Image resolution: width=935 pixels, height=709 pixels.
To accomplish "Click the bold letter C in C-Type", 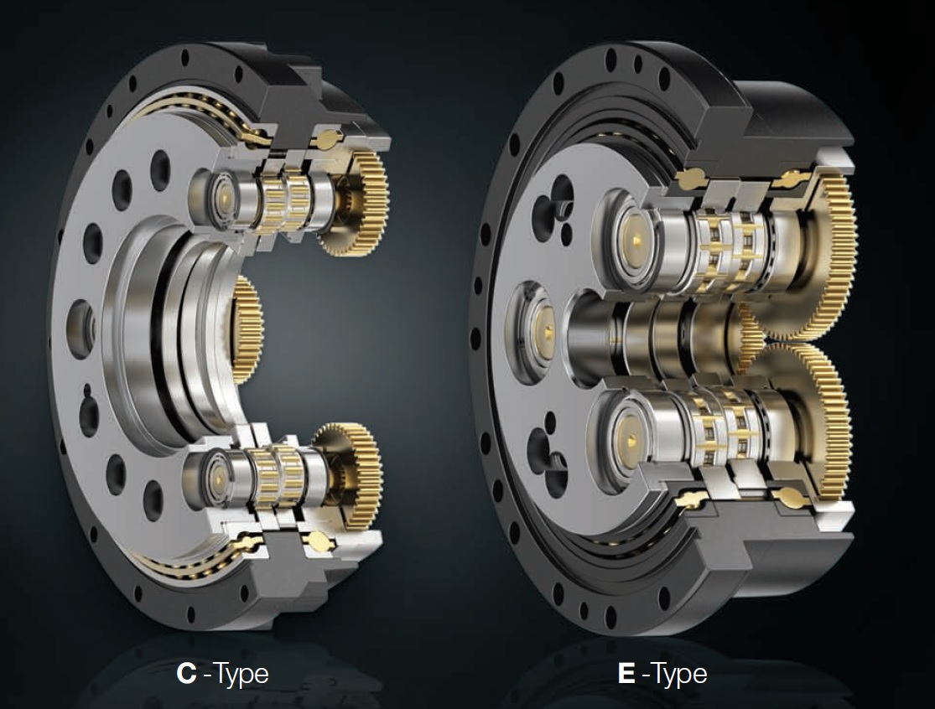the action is (187, 673).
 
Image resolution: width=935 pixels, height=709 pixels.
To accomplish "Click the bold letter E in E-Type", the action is (626, 673).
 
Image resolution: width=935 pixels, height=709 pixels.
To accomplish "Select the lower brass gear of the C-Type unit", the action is (352, 471).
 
